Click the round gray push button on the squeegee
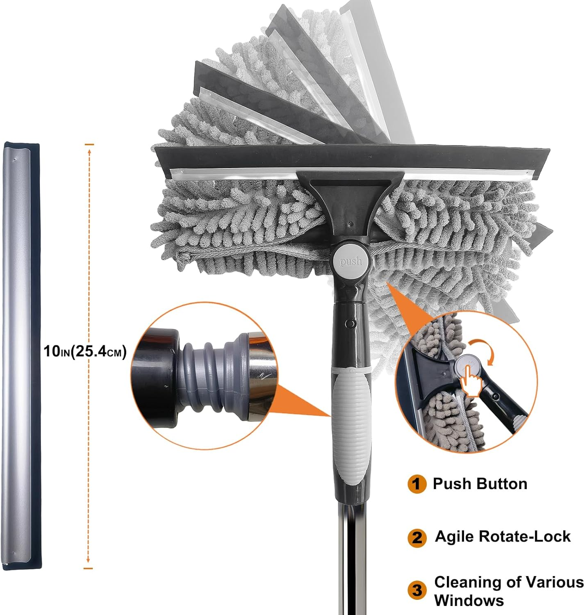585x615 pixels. pos(351,260)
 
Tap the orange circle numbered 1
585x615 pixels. pos(417,484)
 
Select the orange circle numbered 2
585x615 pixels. pos(417,537)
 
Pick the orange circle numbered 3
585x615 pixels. pos(417,590)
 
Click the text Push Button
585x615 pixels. pos(480,484)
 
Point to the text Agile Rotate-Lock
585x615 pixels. pos(503,536)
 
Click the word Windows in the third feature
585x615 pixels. pos(469,600)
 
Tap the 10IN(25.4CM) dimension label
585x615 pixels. pos(85,351)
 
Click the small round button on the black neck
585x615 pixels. pos(349,324)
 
